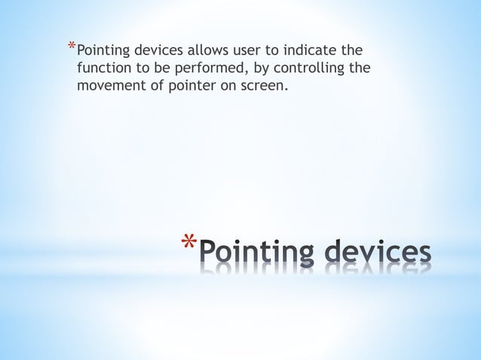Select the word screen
pyautogui.click(x=264, y=86)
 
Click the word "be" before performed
pyautogui.click(x=161, y=69)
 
